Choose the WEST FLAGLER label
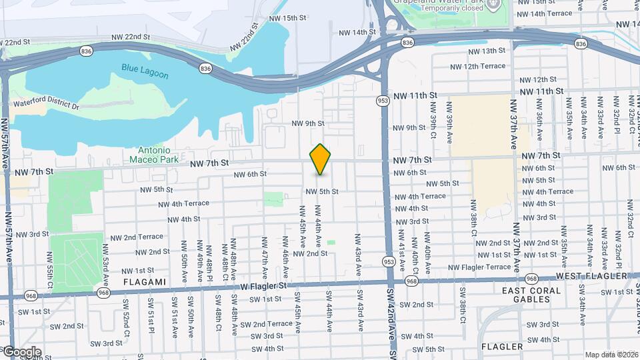point(591,276)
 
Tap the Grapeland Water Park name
point(438,2)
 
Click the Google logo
point(22,352)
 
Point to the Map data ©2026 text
point(611,355)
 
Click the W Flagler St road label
point(262,285)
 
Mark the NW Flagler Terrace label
point(479,267)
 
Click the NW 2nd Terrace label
point(137,237)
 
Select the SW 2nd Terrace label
point(266,324)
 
